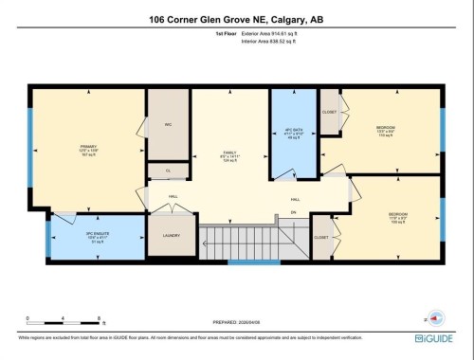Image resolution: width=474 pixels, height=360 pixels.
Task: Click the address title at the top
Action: pyautogui.click(x=236, y=18)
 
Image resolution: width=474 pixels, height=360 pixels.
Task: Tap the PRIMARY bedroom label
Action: pyautogui.click(x=88, y=149)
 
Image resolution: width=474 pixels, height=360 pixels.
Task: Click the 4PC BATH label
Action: pyautogui.click(x=293, y=134)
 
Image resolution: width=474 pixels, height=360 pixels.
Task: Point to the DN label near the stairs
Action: pyautogui.click(x=294, y=213)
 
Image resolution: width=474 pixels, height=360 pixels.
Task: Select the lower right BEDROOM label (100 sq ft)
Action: pyautogui.click(x=397, y=217)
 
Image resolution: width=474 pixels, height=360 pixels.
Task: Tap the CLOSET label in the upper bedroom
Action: pyautogui.click(x=330, y=111)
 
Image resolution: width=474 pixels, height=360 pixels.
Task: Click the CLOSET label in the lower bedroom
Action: pyautogui.click(x=321, y=237)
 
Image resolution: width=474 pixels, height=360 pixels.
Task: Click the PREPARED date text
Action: pyautogui.click(x=236, y=322)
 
